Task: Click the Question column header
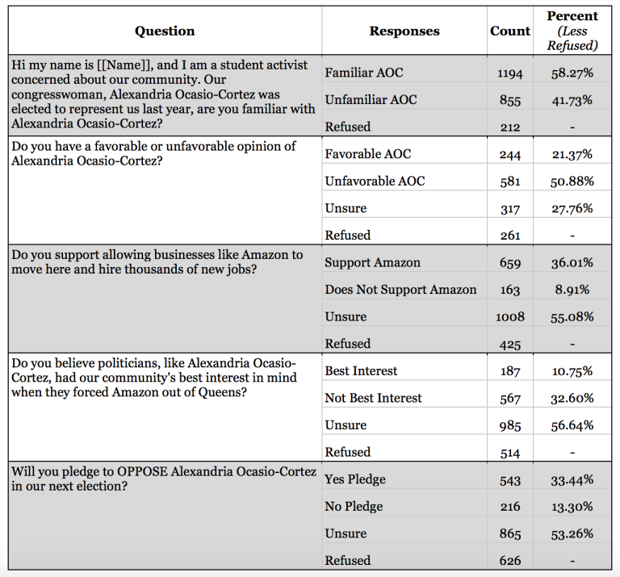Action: click(x=165, y=31)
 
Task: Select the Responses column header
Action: click(x=404, y=31)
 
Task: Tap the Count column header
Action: click(x=510, y=31)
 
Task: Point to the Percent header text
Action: click(x=572, y=16)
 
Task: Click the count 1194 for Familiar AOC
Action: click(x=509, y=73)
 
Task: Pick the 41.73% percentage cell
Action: click(x=572, y=100)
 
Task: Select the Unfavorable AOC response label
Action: click(x=375, y=181)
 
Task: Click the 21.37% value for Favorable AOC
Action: click(x=572, y=154)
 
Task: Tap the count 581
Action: click(x=510, y=182)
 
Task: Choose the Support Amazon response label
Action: click(x=372, y=262)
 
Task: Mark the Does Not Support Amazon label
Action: click(x=400, y=290)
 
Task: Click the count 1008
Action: click(x=509, y=317)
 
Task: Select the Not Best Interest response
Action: click(x=373, y=398)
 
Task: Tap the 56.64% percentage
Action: click(x=572, y=425)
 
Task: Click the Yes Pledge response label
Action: click(x=355, y=479)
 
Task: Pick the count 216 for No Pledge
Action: click(x=510, y=507)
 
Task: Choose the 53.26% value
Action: click(x=572, y=533)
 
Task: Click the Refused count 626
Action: click(x=510, y=561)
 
